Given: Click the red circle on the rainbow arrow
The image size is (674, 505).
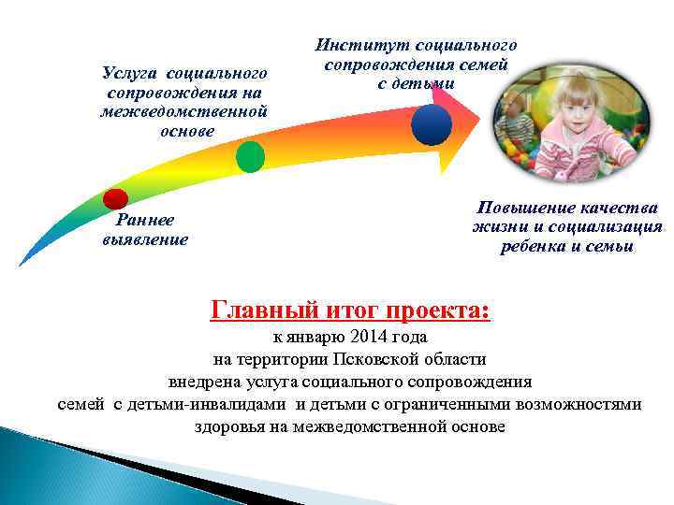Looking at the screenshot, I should [x=115, y=198].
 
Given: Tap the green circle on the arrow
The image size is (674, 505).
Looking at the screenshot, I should [x=250, y=156].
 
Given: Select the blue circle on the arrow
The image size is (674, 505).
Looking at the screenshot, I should [x=431, y=123].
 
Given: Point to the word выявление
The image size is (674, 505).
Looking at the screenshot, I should [x=145, y=239].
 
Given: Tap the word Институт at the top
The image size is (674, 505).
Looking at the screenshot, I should [x=356, y=44].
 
